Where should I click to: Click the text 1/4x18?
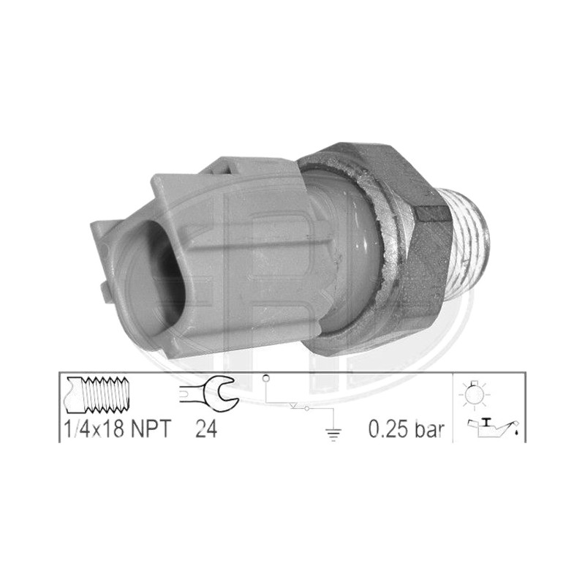point(94,429)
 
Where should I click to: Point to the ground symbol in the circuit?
point(333,434)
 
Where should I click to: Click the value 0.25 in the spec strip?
point(388,429)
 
